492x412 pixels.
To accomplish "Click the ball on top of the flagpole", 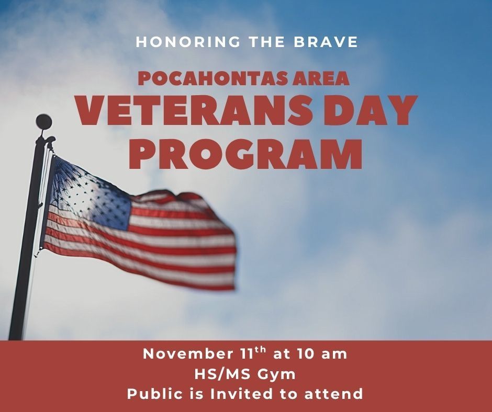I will [44, 122].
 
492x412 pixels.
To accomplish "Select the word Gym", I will [276, 375].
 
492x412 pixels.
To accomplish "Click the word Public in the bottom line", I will [155, 394].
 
